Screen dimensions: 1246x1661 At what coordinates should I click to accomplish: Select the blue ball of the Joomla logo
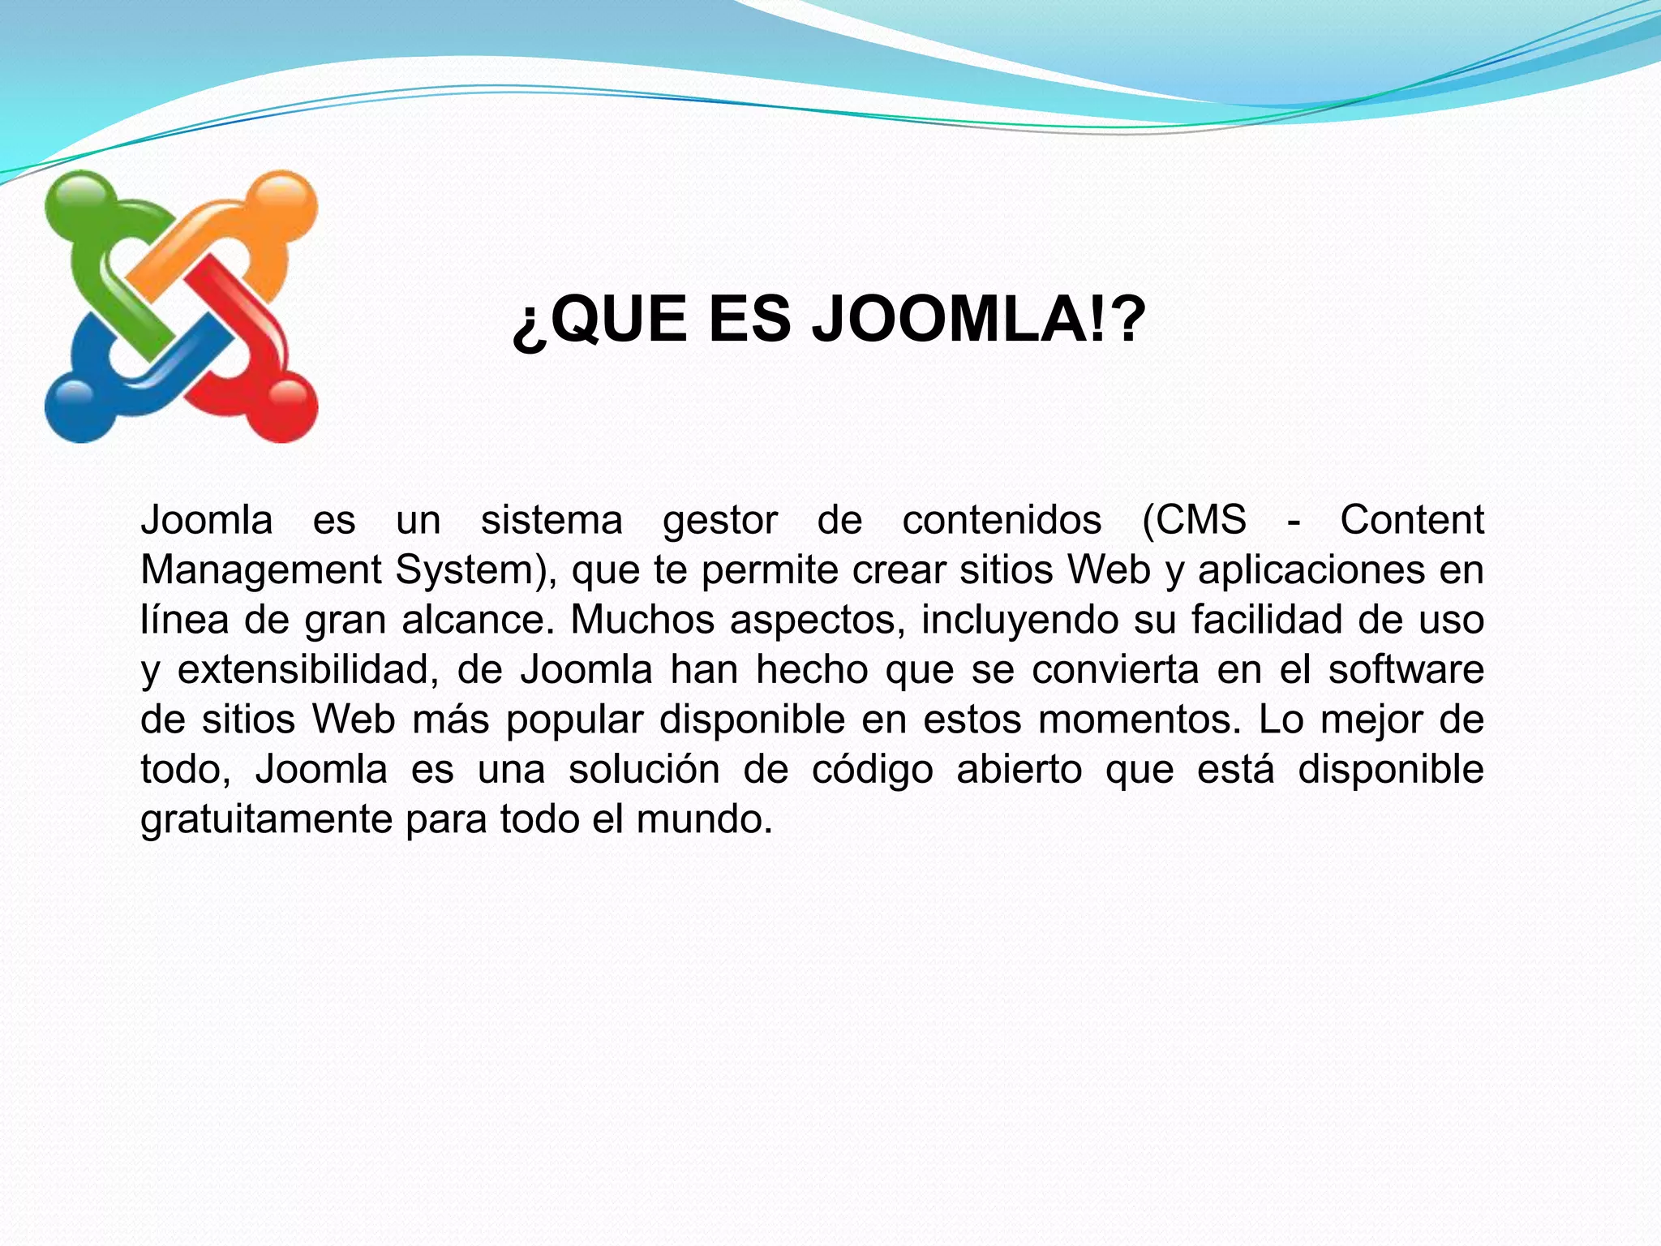click(x=76, y=409)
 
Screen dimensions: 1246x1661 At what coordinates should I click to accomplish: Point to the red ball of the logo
click(x=285, y=409)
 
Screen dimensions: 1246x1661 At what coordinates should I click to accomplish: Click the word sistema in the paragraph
click(x=552, y=520)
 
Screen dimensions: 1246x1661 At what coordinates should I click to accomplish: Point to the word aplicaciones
click(x=1311, y=571)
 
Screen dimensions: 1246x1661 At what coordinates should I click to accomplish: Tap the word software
click(x=1406, y=670)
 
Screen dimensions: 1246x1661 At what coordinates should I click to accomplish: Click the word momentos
click(x=1140, y=720)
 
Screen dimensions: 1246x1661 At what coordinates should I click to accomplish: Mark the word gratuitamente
click(x=266, y=820)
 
